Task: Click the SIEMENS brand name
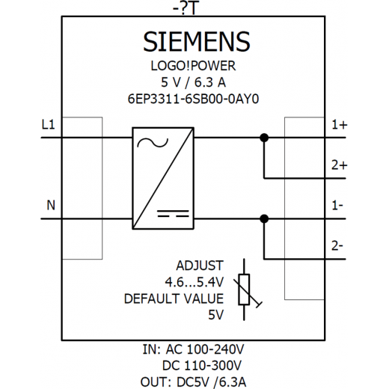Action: coord(197,42)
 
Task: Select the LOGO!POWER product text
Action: coord(193,66)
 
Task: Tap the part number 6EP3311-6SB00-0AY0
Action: coord(193,99)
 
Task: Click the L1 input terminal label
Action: coord(49,124)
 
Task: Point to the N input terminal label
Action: coord(51,206)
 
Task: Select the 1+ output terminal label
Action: coord(340,124)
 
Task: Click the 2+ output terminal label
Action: coord(340,165)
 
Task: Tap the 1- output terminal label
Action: coord(337,206)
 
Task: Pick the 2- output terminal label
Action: coord(337,246)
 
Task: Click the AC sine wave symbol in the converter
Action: coord(153,143)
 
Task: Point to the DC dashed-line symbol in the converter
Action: coord(173,213)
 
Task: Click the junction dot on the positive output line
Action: coord(264,138)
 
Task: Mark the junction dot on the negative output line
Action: coord(264,219)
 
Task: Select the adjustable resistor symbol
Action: coord(244,290)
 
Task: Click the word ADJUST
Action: coord(200,266)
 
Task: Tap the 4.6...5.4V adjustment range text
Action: coord(194,282)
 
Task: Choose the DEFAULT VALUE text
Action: coord(174,298)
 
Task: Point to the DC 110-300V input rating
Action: coord(202,366)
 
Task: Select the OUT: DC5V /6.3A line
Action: coord(193,382)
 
